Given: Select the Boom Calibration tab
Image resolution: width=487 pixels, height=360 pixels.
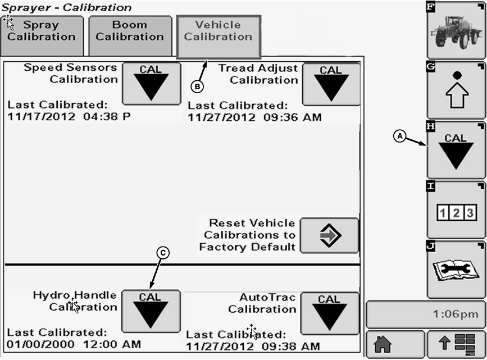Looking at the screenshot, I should tap(130, 31).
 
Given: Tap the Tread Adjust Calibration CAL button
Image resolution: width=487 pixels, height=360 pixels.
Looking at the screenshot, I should tap(331, 84).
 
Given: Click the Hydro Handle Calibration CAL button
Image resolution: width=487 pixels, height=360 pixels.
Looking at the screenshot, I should tap(151, 310).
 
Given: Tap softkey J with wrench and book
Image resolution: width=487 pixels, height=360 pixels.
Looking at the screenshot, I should tap(456, 270).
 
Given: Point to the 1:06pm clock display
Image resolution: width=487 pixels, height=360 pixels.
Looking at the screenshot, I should tap(426, 315).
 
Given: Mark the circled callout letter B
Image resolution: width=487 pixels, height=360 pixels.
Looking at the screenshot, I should tap(197, 86).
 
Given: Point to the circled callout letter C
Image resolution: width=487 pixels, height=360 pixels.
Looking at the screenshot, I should tap(162, 253).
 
